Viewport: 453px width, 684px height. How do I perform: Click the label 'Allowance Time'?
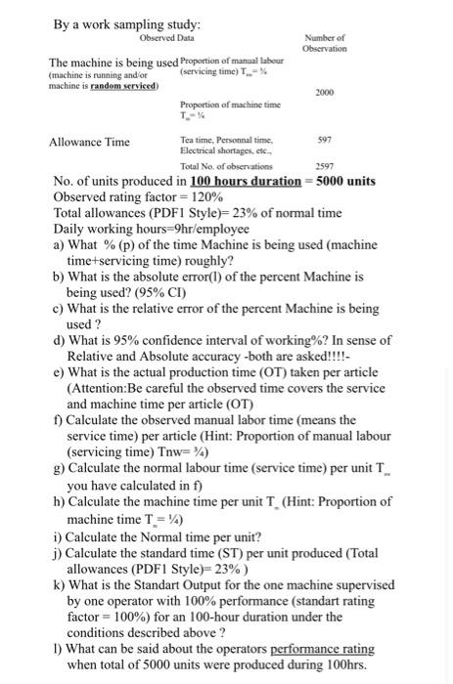[x=89, y=142]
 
